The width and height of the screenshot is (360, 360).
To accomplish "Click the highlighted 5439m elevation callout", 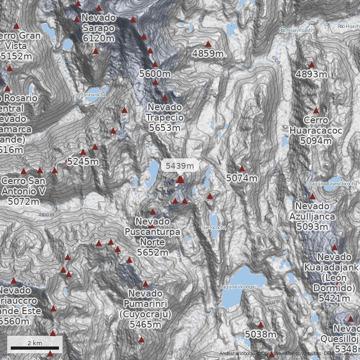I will (180, 166).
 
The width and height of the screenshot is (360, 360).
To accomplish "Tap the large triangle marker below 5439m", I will (180, 180).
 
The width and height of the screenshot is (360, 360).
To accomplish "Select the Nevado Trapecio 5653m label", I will (165, 117).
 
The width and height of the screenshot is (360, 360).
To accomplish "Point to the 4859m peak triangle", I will (208, 44).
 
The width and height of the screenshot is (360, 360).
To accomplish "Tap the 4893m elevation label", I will (311, 74).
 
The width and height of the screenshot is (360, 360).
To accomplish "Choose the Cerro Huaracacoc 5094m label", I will (316, 130).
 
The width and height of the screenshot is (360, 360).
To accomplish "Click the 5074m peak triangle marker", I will (242, 169).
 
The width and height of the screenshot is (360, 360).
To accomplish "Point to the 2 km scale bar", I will (35, 348).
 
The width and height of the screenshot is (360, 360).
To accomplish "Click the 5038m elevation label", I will (261, 334).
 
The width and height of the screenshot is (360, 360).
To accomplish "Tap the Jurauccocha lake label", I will (93, 95).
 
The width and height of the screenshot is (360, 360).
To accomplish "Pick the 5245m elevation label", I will (83, 162).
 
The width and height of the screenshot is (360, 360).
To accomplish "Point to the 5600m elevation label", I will (155, 74).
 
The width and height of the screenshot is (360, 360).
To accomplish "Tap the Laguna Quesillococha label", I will (333, 184).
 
